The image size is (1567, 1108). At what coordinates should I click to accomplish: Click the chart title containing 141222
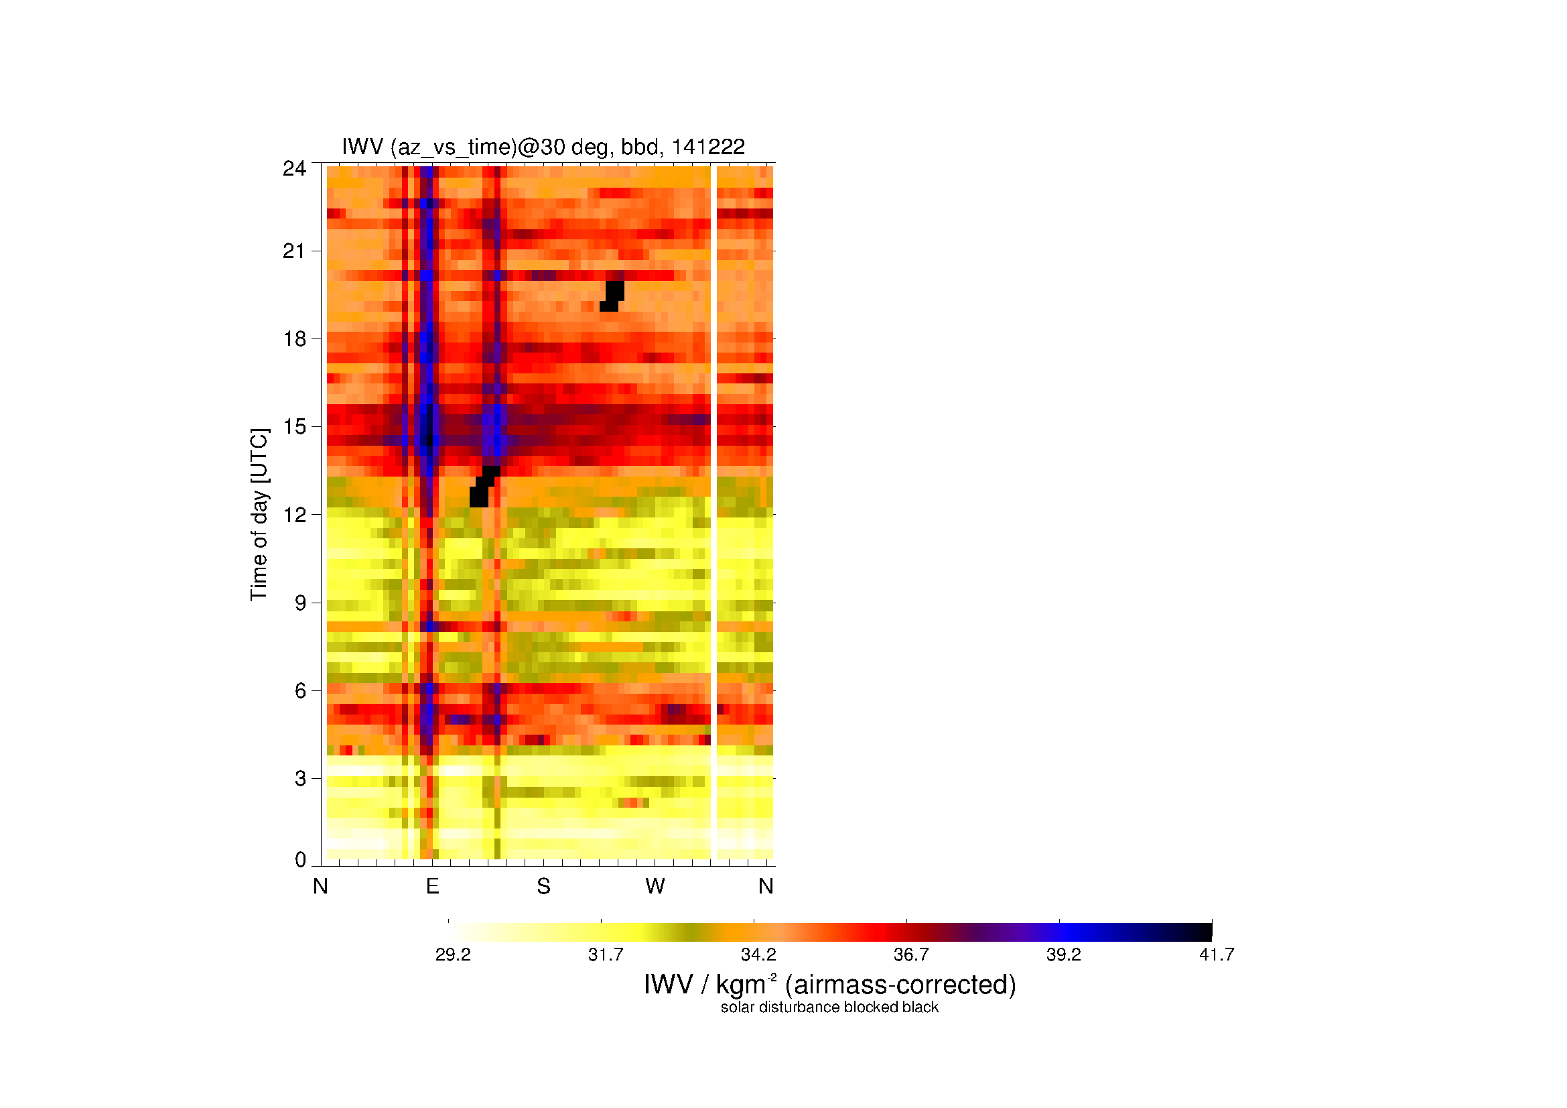pos(543,147)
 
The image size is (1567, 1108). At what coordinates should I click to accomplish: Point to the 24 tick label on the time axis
pos(294,169)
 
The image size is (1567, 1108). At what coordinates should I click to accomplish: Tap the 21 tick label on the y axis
pos(294,251)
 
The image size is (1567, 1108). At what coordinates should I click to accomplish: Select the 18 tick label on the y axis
pos(294,338)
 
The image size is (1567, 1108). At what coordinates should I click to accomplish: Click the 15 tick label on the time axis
pos(294,427)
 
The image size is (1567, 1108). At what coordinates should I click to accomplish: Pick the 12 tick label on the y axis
pos(294,515)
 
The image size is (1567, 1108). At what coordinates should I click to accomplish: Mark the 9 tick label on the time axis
pos(300,603)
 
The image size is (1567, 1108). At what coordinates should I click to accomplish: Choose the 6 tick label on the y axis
pos(300,691)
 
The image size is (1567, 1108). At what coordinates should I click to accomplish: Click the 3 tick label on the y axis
pos(300,778)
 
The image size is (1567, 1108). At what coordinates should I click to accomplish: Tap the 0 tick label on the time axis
pos(300,859)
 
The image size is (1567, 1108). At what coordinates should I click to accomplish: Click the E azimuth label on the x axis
pos(432,886)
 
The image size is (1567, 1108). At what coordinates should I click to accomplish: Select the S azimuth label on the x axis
pos(543,886)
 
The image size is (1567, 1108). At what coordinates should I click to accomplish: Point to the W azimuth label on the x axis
pos(655,886)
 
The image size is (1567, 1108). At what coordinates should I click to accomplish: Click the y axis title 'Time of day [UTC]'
pos(259,515)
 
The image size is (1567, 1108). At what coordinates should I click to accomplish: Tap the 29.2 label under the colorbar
pos(453,955)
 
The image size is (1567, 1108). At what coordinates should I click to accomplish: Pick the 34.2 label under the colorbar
pos(758,955)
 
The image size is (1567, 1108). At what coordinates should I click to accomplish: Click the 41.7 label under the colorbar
pos(1217,955)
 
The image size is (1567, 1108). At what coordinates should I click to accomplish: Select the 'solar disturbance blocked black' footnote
pos(829,1007)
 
